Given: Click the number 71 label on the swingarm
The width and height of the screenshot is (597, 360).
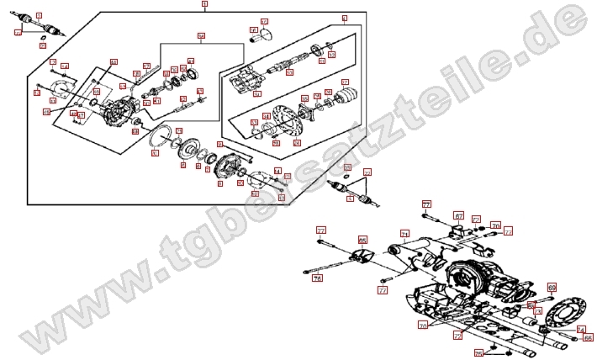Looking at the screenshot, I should click(404, 234).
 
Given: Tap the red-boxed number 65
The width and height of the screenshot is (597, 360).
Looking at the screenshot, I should click(362, 240).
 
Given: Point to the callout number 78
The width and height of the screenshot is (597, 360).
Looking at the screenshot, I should click(317, 278).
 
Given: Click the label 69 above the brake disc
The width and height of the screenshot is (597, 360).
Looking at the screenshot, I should click(552, 288).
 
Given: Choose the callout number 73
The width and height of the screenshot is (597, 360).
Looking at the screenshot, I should click(538, 311).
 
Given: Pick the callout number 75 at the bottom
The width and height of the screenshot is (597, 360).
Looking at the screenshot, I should click(457, 335).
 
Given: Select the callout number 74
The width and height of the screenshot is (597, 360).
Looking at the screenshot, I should click(580, 330).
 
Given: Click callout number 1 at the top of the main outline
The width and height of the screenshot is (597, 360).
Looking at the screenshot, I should click(204, 5).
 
